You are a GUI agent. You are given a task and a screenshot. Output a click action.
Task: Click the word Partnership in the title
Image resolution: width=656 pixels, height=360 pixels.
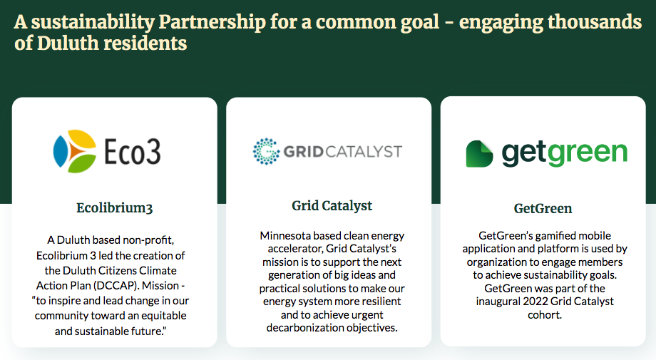[212, 23]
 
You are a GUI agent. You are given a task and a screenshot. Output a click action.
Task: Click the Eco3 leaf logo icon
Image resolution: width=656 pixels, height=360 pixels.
[75, 151]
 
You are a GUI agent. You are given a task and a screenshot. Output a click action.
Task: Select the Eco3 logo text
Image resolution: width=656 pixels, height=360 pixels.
[132, 151]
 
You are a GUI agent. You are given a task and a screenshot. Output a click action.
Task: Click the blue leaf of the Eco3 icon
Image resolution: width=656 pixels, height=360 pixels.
[60, 151]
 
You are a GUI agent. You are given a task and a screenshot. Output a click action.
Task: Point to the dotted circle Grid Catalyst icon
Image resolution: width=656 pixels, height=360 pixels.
[266, 151]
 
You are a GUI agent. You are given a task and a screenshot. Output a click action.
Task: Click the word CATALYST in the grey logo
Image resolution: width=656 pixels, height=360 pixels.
[364, 151]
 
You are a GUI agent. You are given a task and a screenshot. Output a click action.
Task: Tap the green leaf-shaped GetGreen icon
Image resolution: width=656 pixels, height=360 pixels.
[479, 154]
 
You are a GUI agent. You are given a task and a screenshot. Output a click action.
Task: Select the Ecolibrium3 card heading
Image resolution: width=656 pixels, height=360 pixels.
[115, 208]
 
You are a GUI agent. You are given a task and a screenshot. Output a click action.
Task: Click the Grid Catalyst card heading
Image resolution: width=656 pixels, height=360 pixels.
[332, 205]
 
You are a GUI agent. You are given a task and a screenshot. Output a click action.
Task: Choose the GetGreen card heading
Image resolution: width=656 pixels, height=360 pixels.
[543, 208]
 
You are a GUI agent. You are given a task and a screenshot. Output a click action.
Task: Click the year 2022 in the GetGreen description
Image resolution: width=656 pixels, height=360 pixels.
[535, 302]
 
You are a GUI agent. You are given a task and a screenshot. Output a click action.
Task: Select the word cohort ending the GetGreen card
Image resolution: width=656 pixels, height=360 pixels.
[544, 315]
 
